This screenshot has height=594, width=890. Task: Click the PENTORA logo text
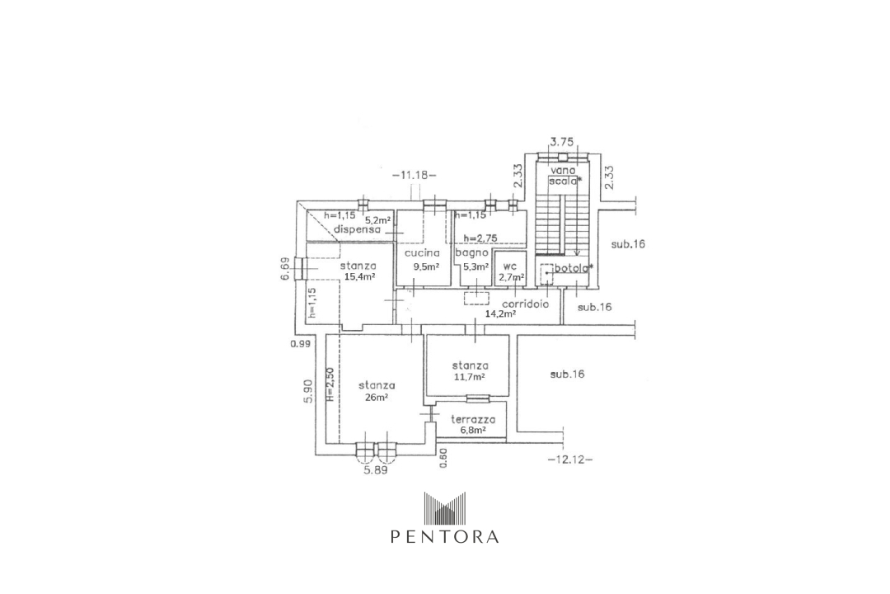point(444,536)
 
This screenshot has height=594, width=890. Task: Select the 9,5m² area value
point(426,267)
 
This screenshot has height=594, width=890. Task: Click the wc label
point(511,266)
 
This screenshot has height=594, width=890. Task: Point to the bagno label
point(477,253)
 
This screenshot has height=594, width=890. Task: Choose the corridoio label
point(526,303)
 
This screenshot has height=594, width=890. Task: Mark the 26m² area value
point(376,398)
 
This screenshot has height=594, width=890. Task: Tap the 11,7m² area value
point(470,377)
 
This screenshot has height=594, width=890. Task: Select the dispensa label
point(357,230)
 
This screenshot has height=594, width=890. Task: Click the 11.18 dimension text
point(415,175)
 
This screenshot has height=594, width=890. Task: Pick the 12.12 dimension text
point(569,460)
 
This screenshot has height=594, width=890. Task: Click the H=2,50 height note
point(329,384)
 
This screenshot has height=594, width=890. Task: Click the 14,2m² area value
point(500,314)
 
